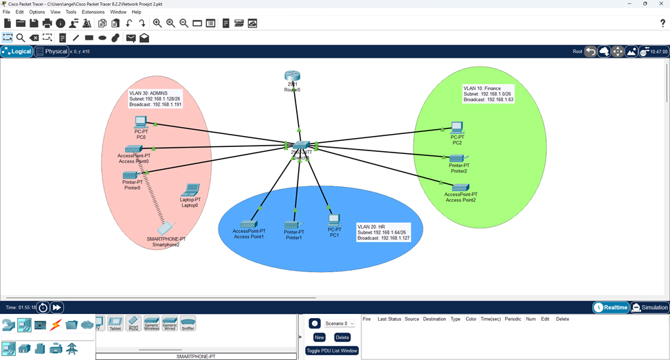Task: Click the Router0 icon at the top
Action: [293, 76]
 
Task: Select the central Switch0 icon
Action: [300, 146]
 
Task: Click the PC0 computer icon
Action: [142, 123]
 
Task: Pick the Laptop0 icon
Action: [190, 190]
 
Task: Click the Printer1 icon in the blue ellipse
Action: [293, 225]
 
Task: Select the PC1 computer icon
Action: [334, 220]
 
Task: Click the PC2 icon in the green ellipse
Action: [456, 127]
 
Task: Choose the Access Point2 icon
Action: [460, 187]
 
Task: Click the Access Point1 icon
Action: [248, 224]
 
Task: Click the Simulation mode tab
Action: [649, 308]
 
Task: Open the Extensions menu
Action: [93, 12]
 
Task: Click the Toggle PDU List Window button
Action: [332, 350]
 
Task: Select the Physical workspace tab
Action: [52, 52]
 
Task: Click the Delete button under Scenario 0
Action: [342, 337]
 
